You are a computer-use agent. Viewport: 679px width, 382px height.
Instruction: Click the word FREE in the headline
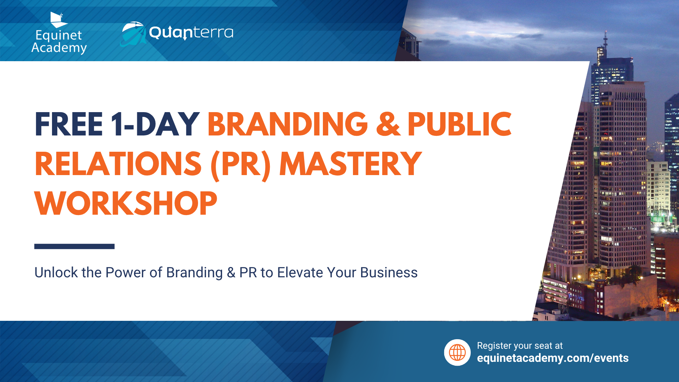[69, 124]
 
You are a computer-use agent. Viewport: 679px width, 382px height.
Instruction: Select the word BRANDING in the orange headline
[288, 124]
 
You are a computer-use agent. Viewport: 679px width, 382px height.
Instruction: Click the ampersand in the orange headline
[388, 124]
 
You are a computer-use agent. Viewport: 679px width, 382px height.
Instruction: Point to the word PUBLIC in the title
[459, 124]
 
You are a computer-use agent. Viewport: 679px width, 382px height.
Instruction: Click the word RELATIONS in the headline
[118, 164]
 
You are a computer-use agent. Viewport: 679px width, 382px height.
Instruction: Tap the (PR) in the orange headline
[240, 165]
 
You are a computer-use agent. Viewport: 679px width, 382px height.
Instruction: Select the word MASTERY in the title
[350, 164]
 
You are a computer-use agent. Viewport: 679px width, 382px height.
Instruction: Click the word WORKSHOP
[126, 203]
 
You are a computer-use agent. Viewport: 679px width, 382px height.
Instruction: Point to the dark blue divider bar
[74, 246]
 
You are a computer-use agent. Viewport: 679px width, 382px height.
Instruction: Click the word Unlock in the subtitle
[56, 273]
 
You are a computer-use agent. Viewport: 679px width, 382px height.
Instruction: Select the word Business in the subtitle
[389, 273]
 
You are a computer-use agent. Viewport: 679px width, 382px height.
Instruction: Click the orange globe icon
[457, 353]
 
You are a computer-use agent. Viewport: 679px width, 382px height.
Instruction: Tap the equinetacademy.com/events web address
[553, 358]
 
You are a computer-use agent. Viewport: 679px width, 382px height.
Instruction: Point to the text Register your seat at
[520, 346]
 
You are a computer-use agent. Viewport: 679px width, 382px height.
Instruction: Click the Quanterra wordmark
[191, 33]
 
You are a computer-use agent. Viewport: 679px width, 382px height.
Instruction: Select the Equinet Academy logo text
[59, 42]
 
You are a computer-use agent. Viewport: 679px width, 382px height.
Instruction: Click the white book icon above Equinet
[58, 20]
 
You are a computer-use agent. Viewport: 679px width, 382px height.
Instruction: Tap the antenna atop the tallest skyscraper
[605, 39]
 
